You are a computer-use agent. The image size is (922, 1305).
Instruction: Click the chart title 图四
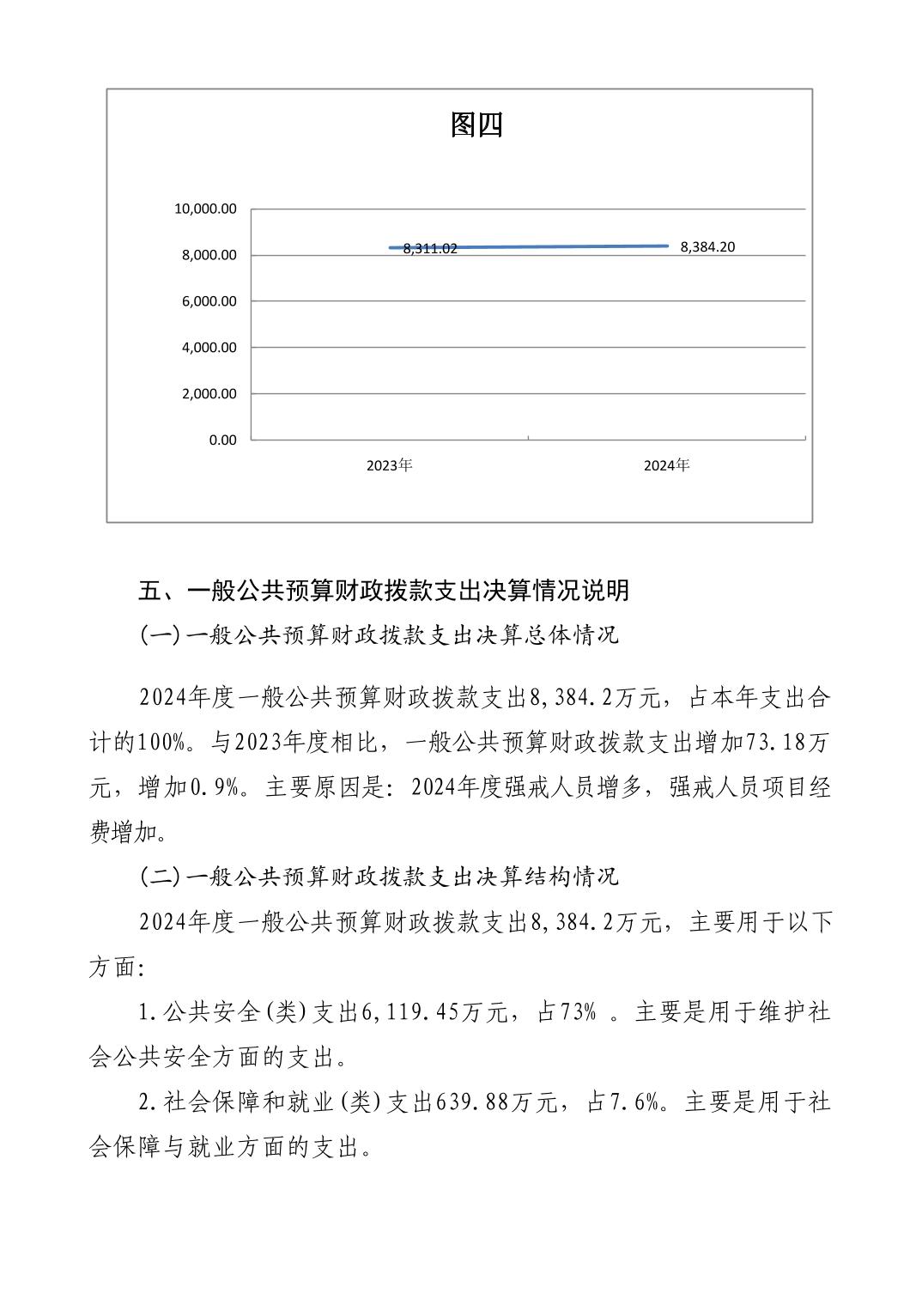(476, 125)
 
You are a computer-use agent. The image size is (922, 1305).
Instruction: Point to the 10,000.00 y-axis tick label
(205, 209)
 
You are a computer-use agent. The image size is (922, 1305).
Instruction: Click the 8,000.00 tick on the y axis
(209, 255)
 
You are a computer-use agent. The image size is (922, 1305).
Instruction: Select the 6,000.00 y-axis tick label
(209, 301)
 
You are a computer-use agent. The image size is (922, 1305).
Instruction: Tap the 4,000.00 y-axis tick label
(209, 348)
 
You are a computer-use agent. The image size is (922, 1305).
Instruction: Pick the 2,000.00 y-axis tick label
(209, 394)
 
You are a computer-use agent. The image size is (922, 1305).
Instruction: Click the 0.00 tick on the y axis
(222, 440)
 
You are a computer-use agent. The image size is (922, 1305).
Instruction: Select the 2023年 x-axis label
(389, 465)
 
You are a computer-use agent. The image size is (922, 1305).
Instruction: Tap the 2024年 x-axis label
(666, 465)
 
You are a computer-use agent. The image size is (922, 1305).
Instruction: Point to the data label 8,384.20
(707, 247)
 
